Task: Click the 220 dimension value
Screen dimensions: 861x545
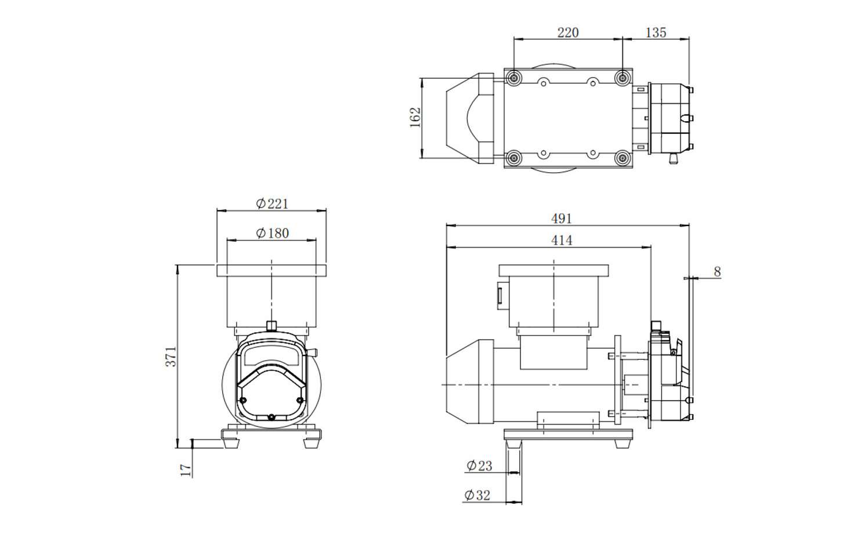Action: [x=568, y=32]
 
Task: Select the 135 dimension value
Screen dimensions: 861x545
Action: [x=656, y=32]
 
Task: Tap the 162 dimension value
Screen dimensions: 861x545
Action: [x=416, y=118]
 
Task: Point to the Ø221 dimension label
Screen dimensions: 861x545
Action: [x=272, y=204]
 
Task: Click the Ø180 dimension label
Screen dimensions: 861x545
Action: [x=272, y=232]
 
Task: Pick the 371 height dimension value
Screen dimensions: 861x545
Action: [x=171, y=357]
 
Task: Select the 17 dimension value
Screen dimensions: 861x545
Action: [x=186, y=470]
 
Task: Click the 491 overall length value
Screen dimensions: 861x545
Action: [x=562, y=219]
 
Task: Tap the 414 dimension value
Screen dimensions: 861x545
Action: [x=562, y=241]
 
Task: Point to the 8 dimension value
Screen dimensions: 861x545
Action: [x=717, y=271]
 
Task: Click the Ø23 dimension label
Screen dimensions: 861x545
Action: [x=479, y=466]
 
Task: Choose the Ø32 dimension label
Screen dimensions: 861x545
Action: [x=477, y=496]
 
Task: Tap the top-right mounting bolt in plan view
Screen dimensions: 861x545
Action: [x=623, y=78]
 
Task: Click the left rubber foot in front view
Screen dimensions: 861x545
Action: [x=231, y=444]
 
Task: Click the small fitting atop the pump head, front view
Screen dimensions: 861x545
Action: [x=272, y=325]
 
